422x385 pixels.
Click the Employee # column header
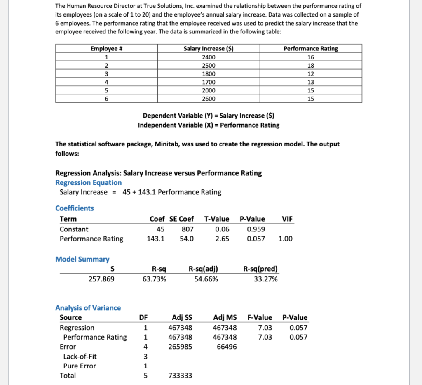[107, 48]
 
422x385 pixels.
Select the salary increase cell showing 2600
[208, 99]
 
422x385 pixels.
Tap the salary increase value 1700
[208, 82]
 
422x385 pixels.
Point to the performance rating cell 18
[311, 65]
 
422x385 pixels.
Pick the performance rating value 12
[311, 73]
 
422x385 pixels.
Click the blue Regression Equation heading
[88, 182]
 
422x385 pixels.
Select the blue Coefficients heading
[75, 208]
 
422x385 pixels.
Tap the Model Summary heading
[82, 259]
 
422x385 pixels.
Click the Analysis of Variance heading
[88, 308]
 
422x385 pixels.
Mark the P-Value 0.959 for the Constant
[256, 229]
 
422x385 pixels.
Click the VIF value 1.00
[286, 239]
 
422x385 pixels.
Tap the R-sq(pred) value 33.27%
[266, 279]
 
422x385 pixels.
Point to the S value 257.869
[102, 279]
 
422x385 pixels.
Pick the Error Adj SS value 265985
[180, 347]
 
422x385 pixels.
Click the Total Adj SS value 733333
[180, 376]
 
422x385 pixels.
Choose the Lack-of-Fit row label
[80, 356]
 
